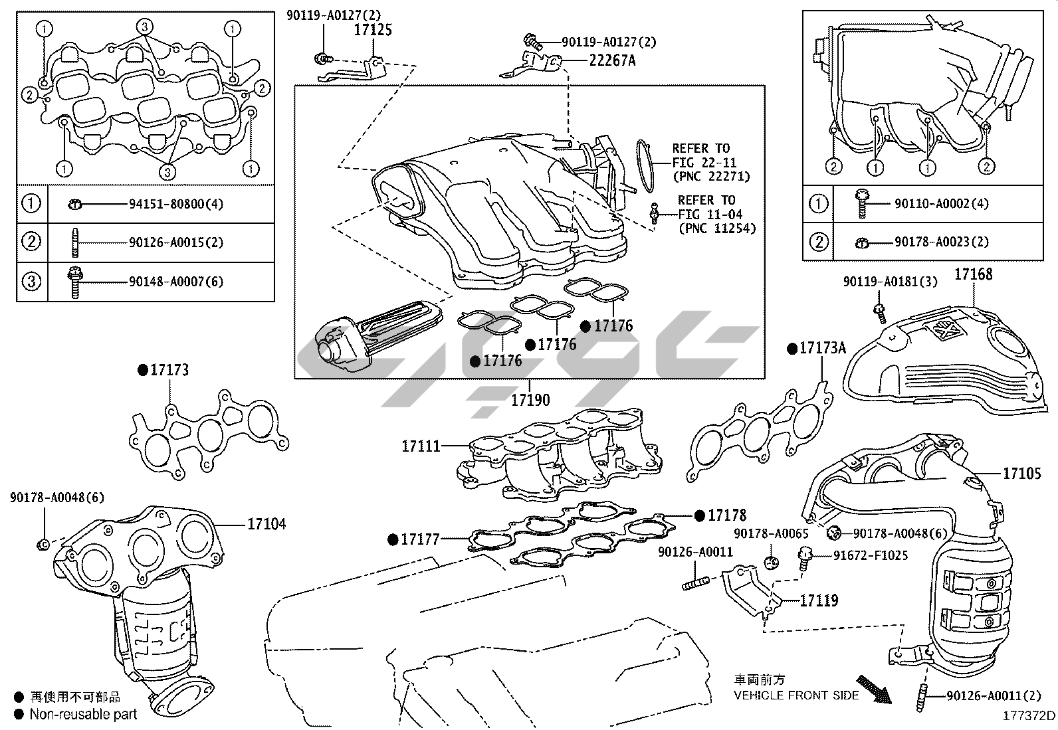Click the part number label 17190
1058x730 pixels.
coord(530,400)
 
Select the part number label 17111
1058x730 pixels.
coord(421,446)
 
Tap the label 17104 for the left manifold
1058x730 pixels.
coord(266,524)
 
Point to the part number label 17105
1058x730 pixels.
coord(1022,473)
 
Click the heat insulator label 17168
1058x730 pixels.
coord(974,274)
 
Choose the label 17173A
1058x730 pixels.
coord(823,347)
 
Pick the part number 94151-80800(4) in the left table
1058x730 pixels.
coord(176,203)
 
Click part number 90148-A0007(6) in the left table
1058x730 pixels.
coord(176,282)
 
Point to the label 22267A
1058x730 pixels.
coord(612,60)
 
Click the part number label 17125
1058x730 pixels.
coord(372,30)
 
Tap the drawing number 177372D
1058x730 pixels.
coord(1029,716)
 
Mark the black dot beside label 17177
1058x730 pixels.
coord(393,539)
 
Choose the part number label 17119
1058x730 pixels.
coord(819,600)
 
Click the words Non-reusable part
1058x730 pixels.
coord(84,715)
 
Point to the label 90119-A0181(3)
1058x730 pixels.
coord(891,282)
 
